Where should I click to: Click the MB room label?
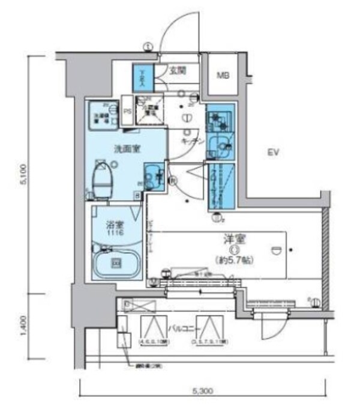click(223, 76)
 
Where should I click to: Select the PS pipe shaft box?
click(127, 111)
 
